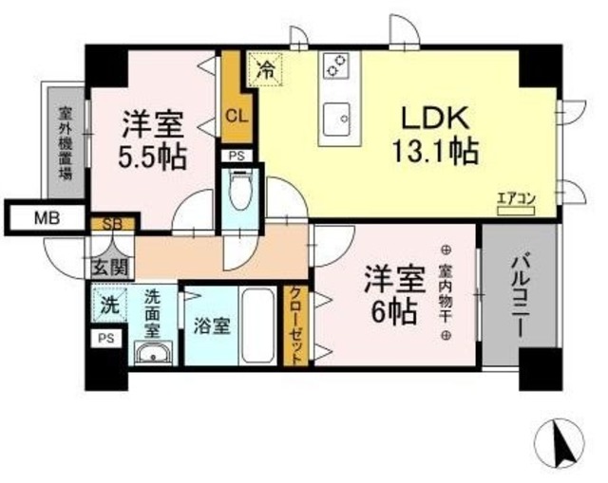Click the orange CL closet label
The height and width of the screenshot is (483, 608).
click(x=237, y=118)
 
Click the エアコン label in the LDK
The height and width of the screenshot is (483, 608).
click(x=515, y=198)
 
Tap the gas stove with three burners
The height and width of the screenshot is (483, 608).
click(x=336, y=65)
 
